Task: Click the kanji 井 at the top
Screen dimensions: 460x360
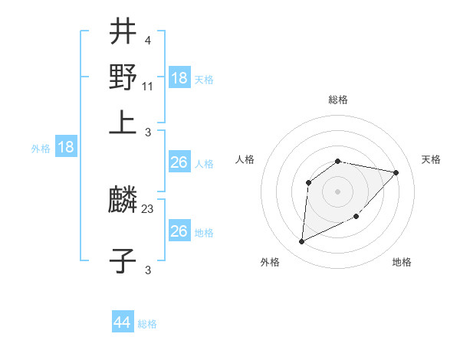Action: (123, 33)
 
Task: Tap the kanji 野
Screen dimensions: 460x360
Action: (123, 77)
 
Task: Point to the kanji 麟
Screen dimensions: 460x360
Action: (123, 201)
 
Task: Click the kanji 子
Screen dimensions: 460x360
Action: (123, 260)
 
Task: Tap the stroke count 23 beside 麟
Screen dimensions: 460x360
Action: (148, 208)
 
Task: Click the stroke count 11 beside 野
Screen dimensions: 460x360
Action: (148, 85)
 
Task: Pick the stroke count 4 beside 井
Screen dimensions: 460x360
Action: (147, 40)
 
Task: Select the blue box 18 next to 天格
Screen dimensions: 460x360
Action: (179, 77)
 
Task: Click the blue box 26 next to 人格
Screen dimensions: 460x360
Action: (179, 162)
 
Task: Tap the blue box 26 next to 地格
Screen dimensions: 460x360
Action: (179, 231)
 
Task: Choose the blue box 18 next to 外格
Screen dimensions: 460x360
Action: (66, 147)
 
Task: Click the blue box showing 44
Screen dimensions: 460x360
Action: (123, 322)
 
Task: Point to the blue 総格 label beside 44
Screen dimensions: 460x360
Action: (147, 324)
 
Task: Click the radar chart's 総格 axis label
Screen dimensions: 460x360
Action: (338, 100)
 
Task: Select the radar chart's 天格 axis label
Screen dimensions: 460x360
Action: (432, 159)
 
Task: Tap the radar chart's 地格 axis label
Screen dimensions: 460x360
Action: (402, 262)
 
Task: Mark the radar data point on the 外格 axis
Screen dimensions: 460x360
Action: (301, 242)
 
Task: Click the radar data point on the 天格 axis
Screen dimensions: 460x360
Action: (396, 172)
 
